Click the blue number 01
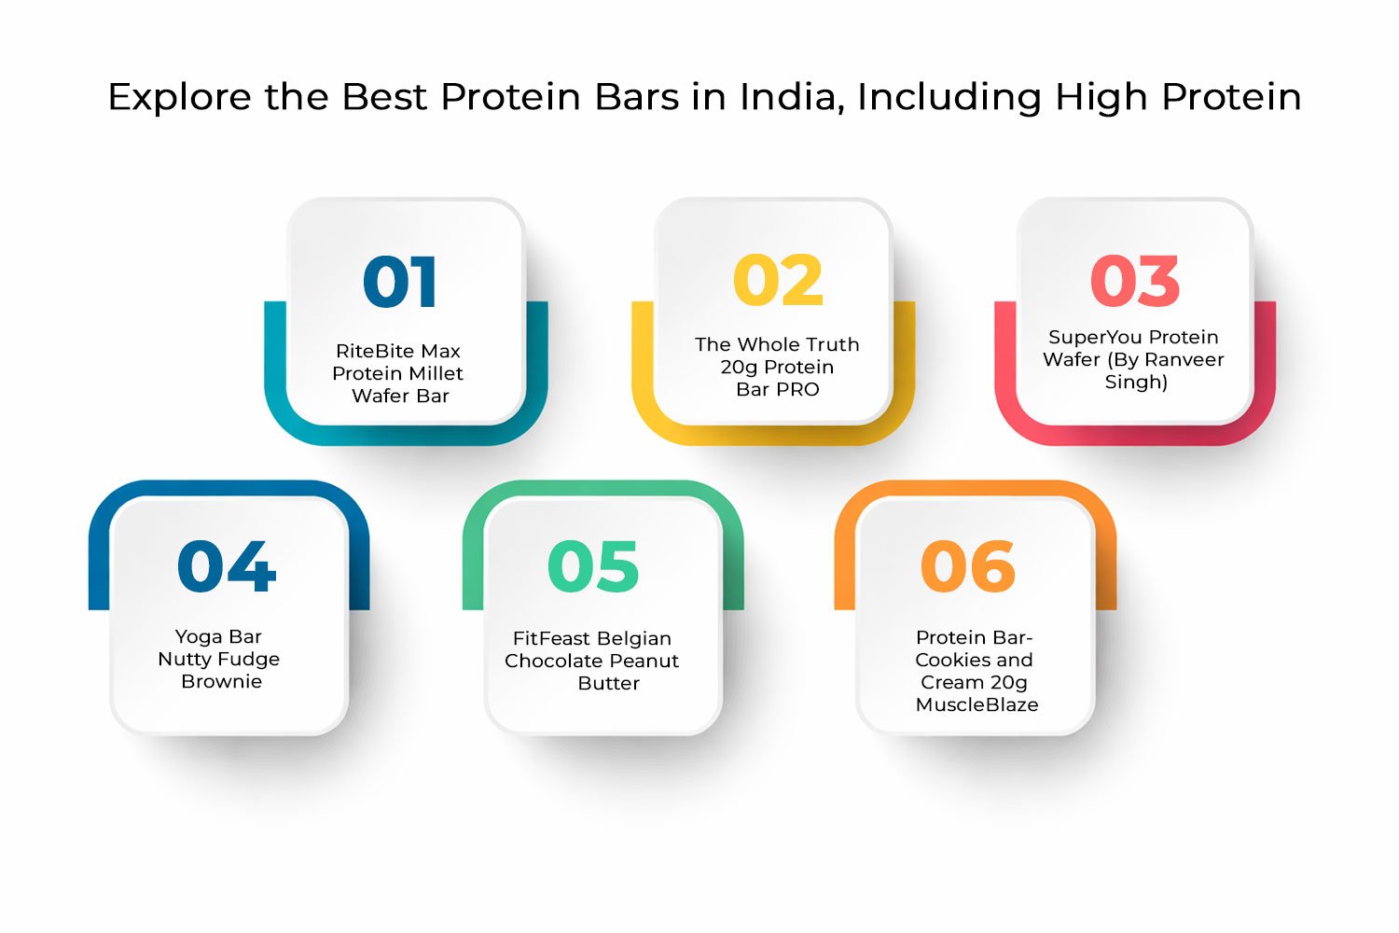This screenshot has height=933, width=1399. click(x=399, y=282)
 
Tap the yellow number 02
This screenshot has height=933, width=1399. click(x=778, y=281)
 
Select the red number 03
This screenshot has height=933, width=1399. click(x=1134, y=281)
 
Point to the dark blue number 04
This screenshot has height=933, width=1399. click(x=227, y=566)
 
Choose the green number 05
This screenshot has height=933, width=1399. click(x=593, y=566)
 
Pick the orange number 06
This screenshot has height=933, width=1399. click(x=967, y=566)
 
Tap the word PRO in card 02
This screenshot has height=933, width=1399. click(x=797, y=390)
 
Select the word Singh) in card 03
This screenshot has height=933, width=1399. click(x=1135, y=383)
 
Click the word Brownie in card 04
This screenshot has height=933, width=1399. click(x=221, y=682)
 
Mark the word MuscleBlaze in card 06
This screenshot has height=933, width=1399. click(x=977, y=705)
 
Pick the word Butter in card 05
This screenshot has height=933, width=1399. click(x=608, y=684)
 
